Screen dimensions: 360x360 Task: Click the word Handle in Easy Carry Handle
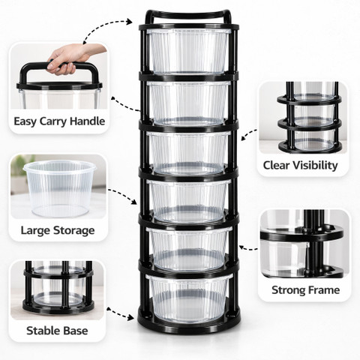[87, 121]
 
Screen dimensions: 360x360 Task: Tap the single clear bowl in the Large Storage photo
[59, 188]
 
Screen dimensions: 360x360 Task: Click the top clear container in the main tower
[188, 52]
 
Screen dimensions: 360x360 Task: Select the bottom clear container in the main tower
[189, 299]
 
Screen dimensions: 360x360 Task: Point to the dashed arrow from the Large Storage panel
[123, 196]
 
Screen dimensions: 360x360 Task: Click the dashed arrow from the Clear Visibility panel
[249, 134]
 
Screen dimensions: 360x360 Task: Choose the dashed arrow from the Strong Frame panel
[248, 249]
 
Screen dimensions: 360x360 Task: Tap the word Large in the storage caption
[37, 231]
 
